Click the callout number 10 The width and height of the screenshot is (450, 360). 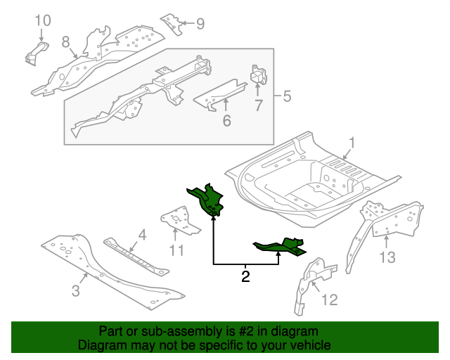pyautogui.click(x=43, y=20)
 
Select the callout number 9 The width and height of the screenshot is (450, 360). pyautogui.click(x=200, y=23)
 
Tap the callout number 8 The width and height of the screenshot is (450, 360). pyautogui.click(x=65, y=42)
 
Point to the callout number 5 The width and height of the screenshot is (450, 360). pyautogui.click(x=287, y=96)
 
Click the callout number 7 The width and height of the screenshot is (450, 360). pyautogui.click(x=259, y=105)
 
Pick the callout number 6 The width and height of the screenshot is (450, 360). pyautogui.click(x=226, y=120)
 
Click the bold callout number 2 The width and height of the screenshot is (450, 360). pyautogui.click(x=245, y=276)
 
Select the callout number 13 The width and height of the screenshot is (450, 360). pyautogui.click(x=387, y=257)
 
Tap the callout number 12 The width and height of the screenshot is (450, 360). pyautogui.click(x=330, y=300)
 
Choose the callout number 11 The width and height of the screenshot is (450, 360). pyautogui.click(x=176, y=250)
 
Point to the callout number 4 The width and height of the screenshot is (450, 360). pyautogui.click(x=142, y=235)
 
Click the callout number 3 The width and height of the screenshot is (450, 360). pyautogui.click(x=75, y=290)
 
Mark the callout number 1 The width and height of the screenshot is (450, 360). pyautogui.click(x=352, y=143)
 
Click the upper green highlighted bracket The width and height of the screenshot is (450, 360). pyautogui.click(x=207, y=200)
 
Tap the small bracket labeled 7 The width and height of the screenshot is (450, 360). pyautogui.click(x=259, y=75)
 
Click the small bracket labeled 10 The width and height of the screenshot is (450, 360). pyautogui.click(x=37, y=53)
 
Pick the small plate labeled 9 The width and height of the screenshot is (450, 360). pyautogui.click(x=172, y=25)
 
